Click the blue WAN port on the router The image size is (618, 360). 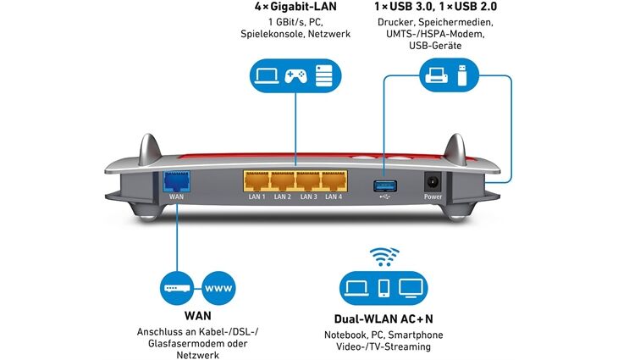(176, 180)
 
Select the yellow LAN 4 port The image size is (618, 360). (333, 181)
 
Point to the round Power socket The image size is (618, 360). (432, 182)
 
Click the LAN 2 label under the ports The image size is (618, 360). (283, 197)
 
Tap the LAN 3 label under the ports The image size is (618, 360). (308, 197)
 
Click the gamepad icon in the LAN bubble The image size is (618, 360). (295, 76)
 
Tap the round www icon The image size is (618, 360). (220, 288)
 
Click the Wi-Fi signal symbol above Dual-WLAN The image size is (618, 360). (385, 257)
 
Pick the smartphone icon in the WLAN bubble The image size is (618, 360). (383, 288)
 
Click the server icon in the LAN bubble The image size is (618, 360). (323, 76)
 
